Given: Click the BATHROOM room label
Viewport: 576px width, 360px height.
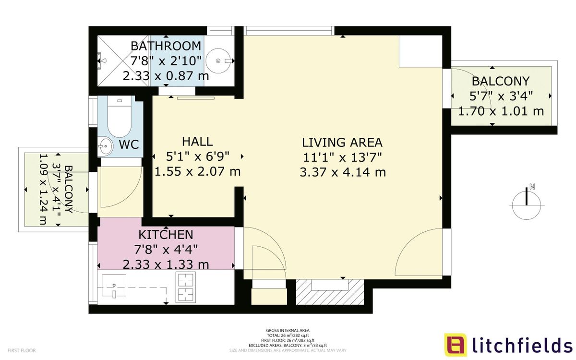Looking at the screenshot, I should [x=166, y=46].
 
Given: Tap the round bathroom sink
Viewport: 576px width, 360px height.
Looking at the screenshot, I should [x=219, y=61].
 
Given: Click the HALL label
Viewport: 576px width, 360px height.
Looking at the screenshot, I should [x=197, y=142].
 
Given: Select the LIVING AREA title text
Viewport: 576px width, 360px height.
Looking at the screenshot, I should [x=342, y=143].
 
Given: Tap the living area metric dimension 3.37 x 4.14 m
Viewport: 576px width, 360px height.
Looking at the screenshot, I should [x=342, y=172].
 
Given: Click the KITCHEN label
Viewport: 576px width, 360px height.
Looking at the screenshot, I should [x=166, y=235].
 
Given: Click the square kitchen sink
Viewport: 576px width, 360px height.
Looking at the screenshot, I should [x=114, y=286].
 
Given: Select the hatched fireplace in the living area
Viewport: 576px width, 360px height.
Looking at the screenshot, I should [x=329, y=292].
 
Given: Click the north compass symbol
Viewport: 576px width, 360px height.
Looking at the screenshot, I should [x=527, y=203].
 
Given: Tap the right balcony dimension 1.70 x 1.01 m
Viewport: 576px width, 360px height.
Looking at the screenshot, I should [x=501, y=111].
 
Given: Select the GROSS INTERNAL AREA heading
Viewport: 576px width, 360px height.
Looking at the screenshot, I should [x=288, y=330].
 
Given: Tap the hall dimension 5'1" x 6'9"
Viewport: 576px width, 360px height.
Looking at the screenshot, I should [x=197, y=156].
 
